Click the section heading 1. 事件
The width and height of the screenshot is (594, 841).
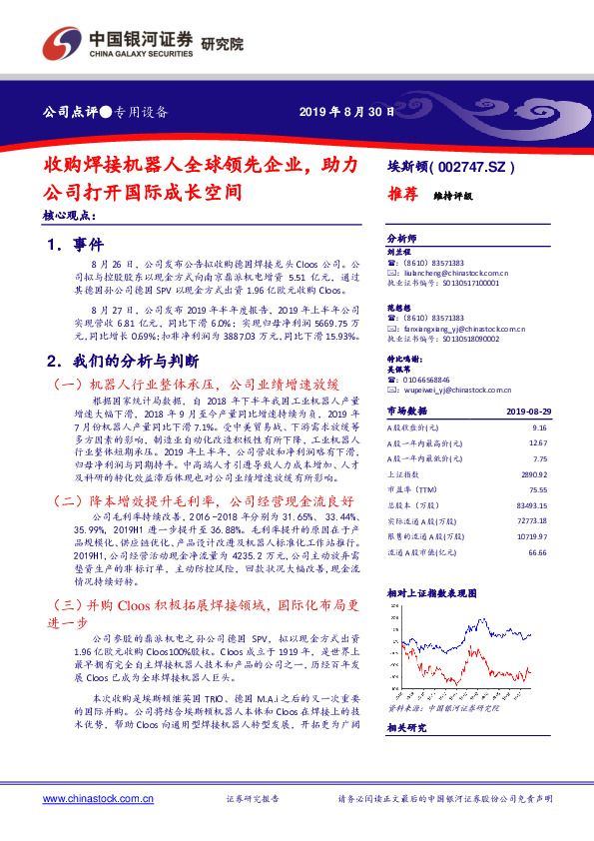pyautogui.click(x=75, y=243)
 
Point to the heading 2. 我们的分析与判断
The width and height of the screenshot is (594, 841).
pyautogui.click(x=124, y=360)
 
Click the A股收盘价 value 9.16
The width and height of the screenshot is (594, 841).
pyautogui.click(x=539, y=427)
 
